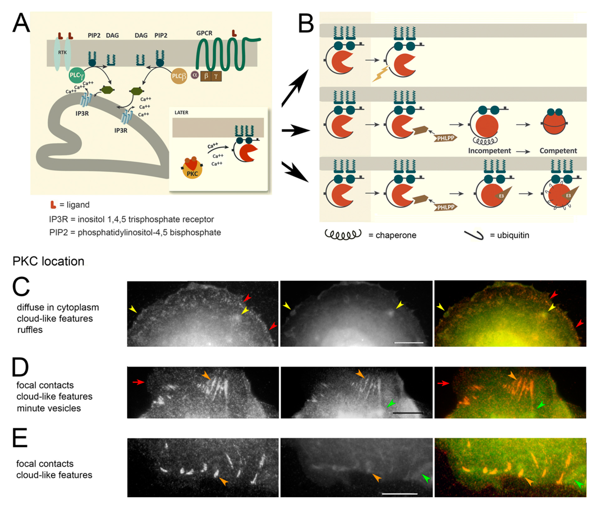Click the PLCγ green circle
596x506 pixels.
76,76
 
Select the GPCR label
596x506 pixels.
204,33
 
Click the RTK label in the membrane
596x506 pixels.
62,52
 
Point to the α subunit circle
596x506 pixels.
195,75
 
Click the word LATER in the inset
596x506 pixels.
181,113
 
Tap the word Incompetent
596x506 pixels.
489,151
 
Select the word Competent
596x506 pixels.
558,151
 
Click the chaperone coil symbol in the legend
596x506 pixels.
343,235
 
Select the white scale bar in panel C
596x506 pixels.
409,342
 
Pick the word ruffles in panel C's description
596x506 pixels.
30,330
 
